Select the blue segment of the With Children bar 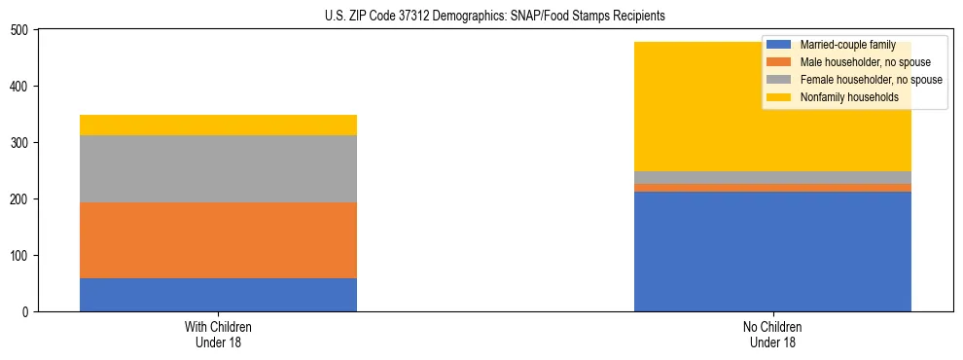218,295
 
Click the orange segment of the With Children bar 218,240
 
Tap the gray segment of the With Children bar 218,169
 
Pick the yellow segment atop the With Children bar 218,125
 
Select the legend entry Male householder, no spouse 851,62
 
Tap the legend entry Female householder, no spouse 856,80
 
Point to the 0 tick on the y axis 26,312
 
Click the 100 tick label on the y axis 20,256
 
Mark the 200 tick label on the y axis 20,199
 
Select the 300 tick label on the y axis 20,143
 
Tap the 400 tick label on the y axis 20,87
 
